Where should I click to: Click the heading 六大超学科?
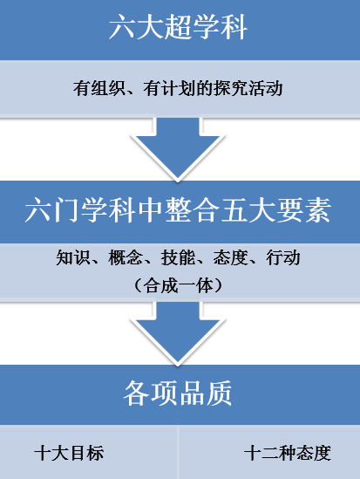point(178,28)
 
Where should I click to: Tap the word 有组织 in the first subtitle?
point(98,88)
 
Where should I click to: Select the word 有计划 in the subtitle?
point(169,88)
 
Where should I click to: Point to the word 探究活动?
point(248,88)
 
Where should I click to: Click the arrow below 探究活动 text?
point(178,149)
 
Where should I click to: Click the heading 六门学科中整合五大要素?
point(178,210)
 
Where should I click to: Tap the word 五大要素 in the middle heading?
point(275,210)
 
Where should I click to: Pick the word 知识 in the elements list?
point(73,257)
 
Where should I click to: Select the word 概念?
point(126,257)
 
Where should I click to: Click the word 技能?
point(178,257)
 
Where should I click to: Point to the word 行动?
point(283,257)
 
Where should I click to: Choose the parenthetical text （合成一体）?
point(178,285)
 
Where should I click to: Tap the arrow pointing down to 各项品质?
point(178,333)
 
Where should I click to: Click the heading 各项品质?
point(178,393)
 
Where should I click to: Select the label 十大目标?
point(69,453)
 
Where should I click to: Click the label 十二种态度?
point(288,453)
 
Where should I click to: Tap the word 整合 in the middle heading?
point(192,210)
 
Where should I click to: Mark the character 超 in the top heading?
point(178,28)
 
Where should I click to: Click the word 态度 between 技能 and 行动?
point(230,257)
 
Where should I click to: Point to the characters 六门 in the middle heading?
point(52,210)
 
